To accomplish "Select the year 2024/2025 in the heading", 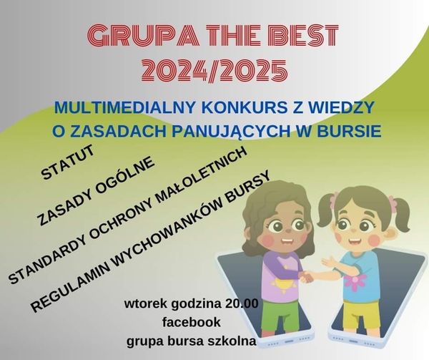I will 214,70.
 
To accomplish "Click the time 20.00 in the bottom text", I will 238,303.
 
